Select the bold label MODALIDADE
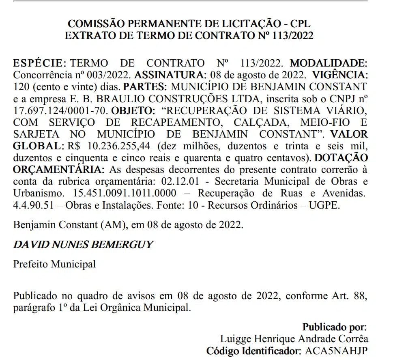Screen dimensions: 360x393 point(328,63)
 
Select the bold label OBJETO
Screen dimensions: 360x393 point(131,110)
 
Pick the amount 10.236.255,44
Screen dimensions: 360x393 point(117,146)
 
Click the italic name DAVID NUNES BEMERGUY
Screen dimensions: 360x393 point(83,244)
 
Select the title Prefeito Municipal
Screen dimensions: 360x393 point(54,264)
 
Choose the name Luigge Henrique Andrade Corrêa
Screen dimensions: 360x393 point(294,338)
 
